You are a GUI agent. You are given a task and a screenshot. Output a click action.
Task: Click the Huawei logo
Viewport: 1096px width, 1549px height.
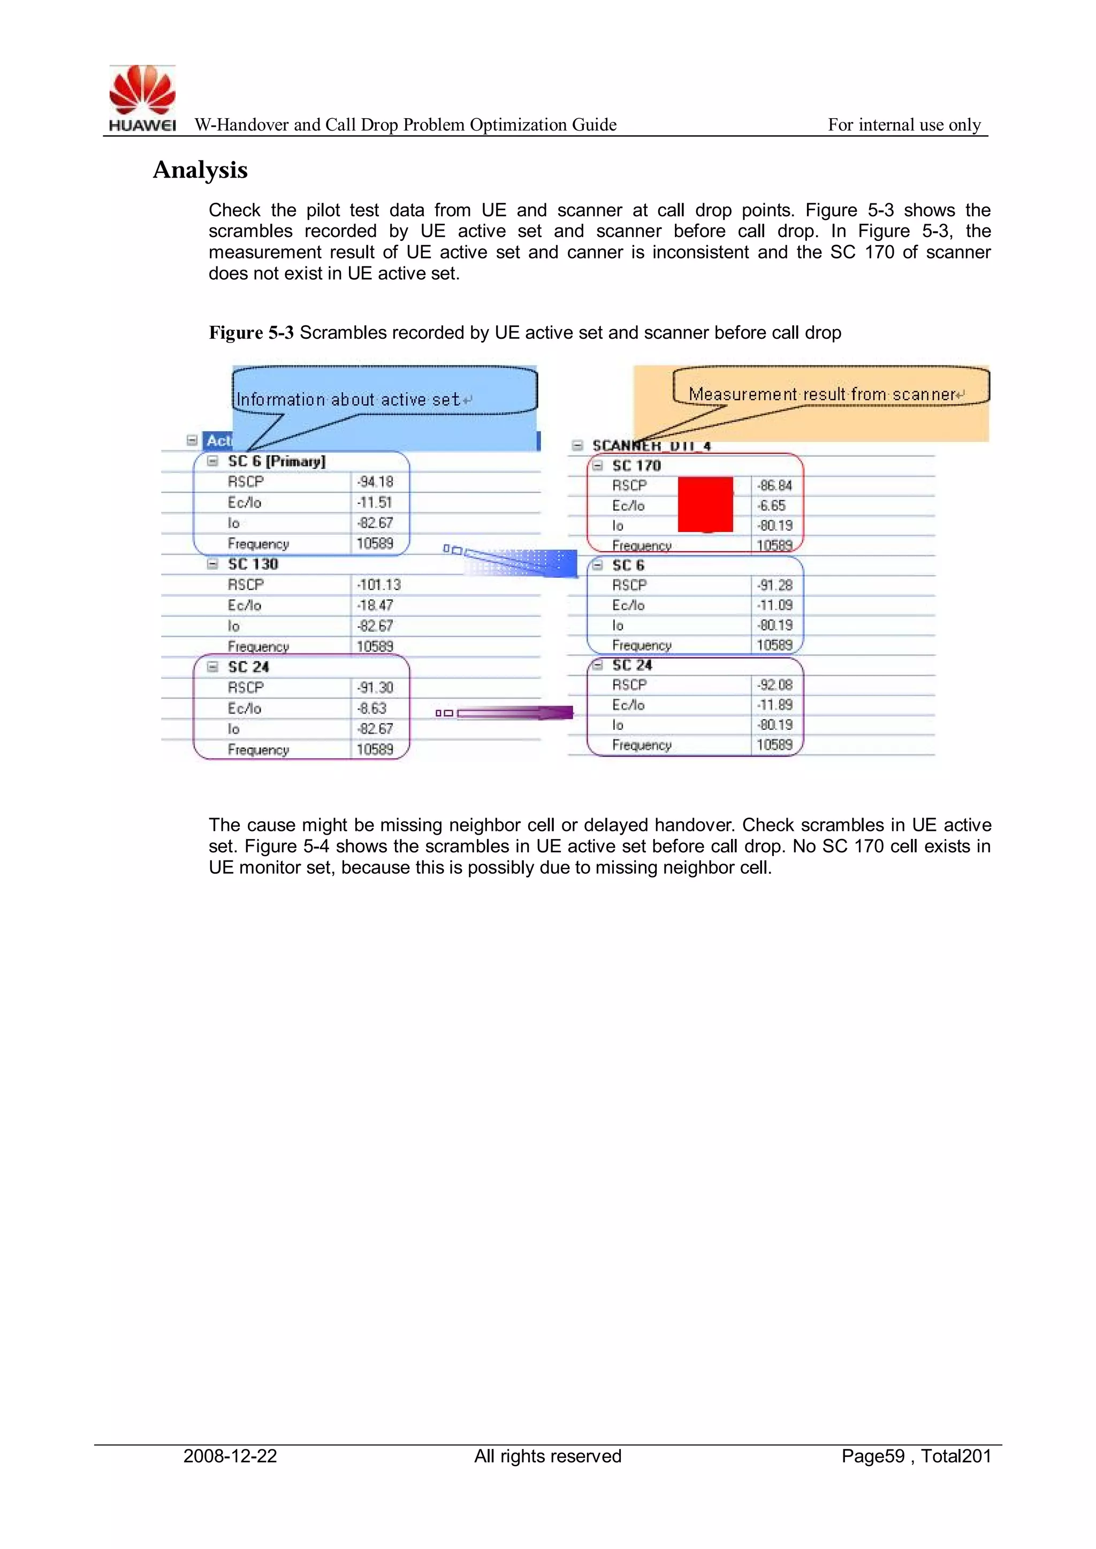point(142,97)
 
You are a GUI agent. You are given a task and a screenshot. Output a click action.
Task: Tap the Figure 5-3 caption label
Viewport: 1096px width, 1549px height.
point(250,333)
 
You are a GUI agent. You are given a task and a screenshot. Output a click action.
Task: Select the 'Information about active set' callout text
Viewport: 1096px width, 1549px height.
point(347,399)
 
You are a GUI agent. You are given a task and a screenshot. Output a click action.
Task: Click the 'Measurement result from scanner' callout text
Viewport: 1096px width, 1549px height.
point(822,394)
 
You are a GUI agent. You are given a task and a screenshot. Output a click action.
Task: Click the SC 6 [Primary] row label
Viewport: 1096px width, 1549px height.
point(276,461)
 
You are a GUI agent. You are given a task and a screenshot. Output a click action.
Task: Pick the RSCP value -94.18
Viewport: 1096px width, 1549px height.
point(375,482)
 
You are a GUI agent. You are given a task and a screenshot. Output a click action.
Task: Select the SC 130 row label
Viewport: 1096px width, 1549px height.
point(253,564)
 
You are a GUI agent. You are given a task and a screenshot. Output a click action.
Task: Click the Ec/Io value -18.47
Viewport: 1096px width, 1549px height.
point(375,605)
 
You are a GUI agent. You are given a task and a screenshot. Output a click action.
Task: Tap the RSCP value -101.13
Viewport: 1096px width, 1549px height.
point(378,585)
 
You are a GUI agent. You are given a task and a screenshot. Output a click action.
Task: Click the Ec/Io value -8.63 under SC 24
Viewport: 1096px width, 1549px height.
point(372,708)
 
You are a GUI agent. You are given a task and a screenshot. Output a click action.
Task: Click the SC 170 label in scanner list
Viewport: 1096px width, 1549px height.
point(636,466)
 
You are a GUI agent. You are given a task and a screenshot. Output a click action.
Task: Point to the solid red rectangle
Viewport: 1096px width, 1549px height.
point(705,505)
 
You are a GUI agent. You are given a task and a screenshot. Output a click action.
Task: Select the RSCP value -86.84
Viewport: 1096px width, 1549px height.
point(774,486)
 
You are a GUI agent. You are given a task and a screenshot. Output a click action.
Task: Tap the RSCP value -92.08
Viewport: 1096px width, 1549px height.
point(774,685)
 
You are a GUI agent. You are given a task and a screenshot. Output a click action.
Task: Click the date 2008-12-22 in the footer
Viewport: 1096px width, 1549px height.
point(230,1456)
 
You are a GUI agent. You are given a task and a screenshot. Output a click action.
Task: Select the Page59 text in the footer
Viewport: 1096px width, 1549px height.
point(873,1456)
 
